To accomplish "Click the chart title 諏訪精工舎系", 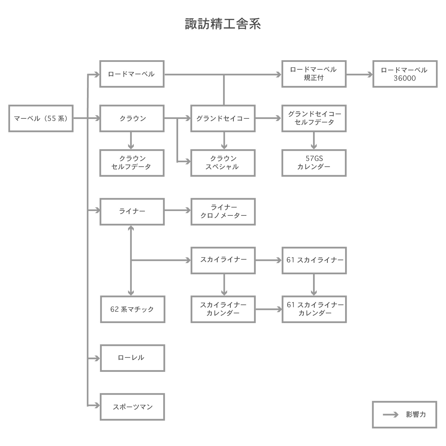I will [223, 24].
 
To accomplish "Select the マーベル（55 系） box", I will [41, 118].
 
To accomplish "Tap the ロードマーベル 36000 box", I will [405, 74].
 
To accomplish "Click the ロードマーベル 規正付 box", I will [314, 74].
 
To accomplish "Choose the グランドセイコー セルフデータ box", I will [314, 118].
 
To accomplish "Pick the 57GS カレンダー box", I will [314, 163].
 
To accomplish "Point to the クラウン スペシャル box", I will [223, 163].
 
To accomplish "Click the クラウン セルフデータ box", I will [132, 163].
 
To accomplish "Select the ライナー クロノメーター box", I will [223, 212].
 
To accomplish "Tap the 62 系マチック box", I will [132, 309].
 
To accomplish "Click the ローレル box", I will [132, 358].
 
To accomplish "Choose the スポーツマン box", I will [132, 407].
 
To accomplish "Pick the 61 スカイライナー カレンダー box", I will [314, 309].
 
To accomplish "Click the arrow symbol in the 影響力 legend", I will [391, 415].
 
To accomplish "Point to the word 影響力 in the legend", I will [416, 415].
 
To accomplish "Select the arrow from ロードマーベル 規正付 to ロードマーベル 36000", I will [359, 74].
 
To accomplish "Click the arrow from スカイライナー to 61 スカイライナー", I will [268, 260].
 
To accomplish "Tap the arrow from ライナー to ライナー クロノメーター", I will [178, 210].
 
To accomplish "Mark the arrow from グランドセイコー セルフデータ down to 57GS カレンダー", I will [314, 140].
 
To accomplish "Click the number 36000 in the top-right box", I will [405, 78].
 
